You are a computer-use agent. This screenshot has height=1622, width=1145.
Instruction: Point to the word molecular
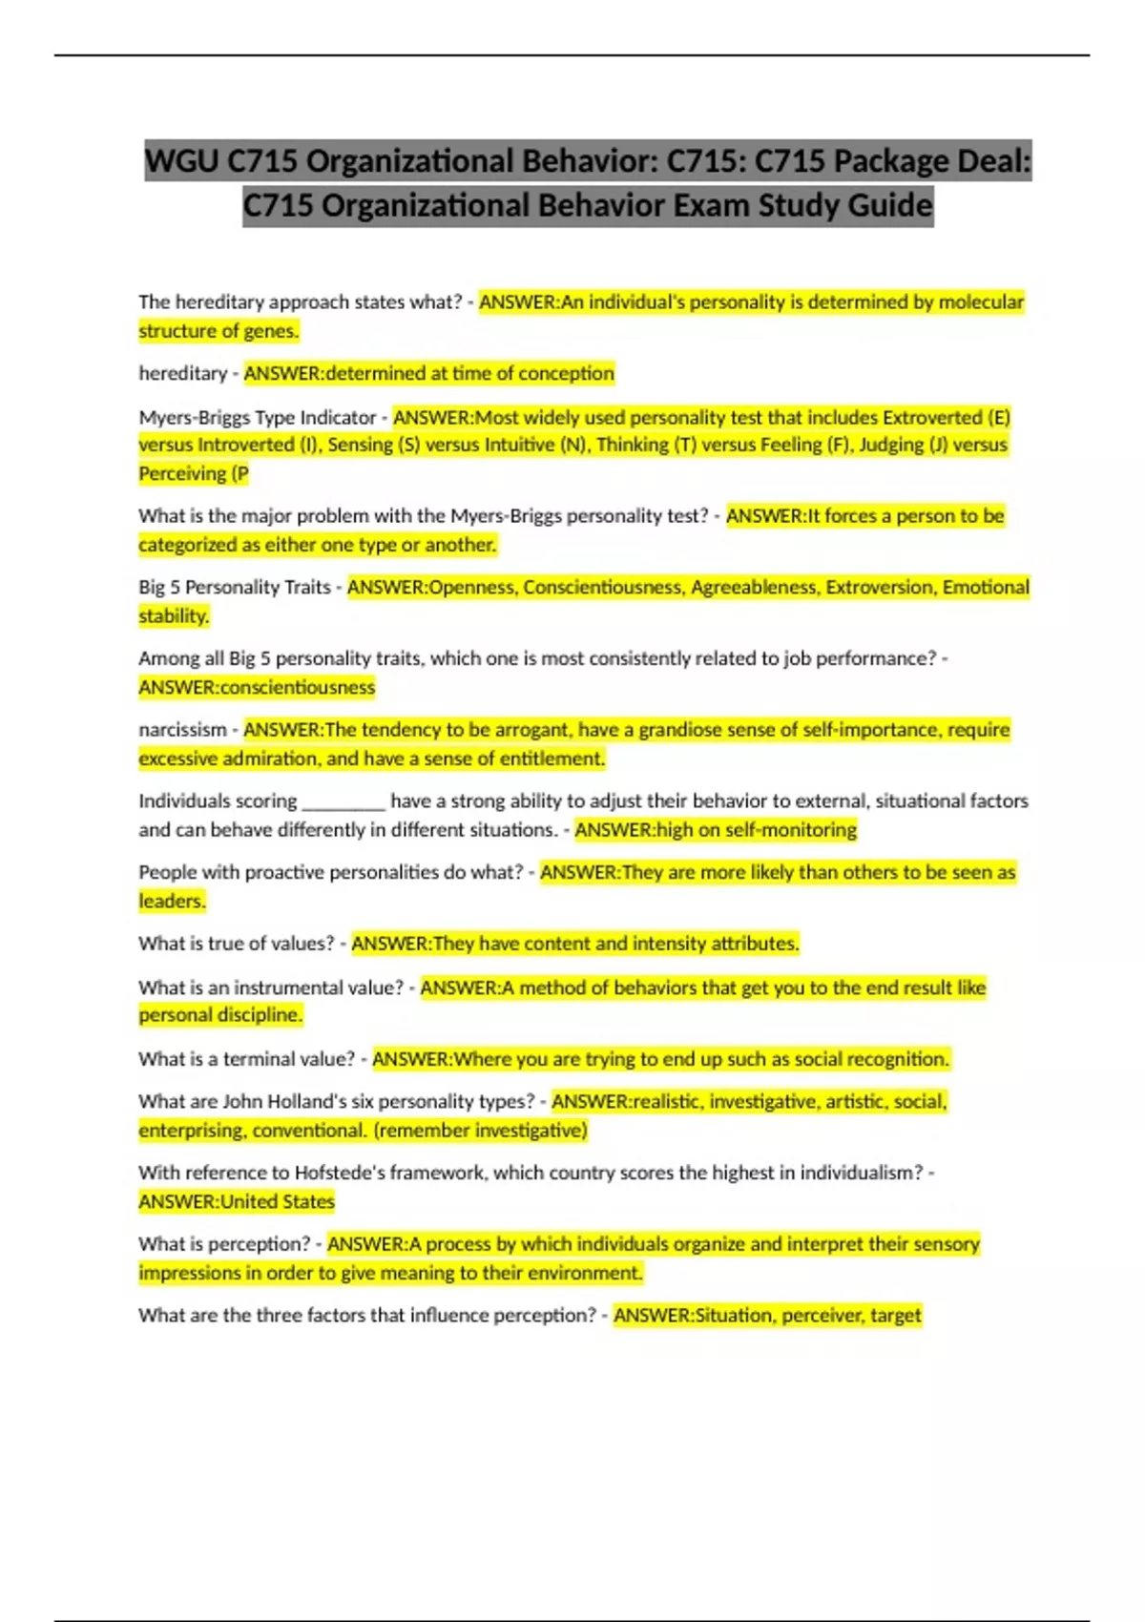coord(981,302)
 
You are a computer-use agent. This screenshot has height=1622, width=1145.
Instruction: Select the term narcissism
coord(182,730)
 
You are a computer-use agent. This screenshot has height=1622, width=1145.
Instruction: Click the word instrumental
coord(288,988)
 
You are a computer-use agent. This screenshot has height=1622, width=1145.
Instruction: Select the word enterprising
coord(191,1131)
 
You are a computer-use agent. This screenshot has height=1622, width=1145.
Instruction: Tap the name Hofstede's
coord(339,1173)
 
